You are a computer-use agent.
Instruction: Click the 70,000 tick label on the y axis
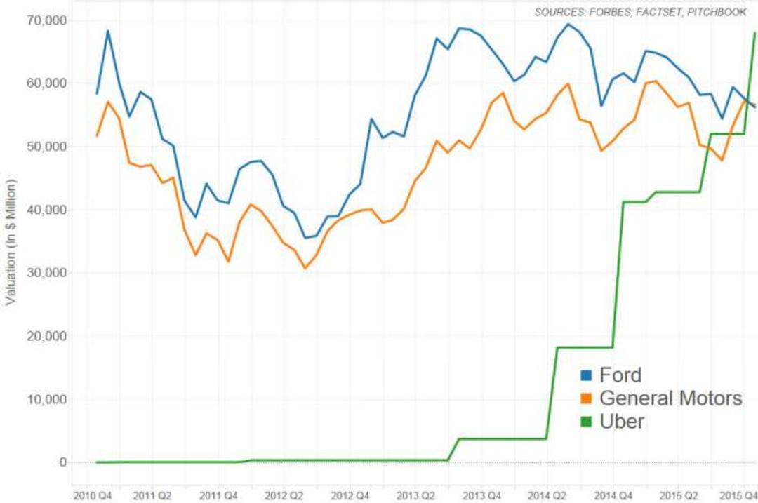coord(46,20)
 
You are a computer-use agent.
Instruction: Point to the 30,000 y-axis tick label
coord(46,272)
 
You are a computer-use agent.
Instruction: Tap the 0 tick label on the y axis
coord(63,462)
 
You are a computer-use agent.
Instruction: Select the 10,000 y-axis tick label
coord(46,399)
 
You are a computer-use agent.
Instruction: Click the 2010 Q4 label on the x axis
coord(93,496)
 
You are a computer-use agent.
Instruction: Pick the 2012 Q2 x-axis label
coord(284,496)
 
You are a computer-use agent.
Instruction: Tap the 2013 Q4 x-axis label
coord(481,496)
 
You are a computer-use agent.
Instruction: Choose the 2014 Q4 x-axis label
coord(613,496)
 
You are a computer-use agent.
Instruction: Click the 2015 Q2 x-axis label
coord(679,496)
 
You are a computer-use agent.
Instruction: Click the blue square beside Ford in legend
coord(586,375)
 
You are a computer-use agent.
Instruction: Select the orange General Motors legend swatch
coord(586,398)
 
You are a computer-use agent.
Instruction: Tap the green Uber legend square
coord(586,422)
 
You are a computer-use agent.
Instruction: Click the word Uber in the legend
coord(622,422)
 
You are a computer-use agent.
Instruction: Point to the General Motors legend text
coord(671,398)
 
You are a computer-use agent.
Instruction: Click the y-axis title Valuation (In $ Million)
coord(11,241)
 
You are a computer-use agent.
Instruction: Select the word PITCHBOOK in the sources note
coord(717,13)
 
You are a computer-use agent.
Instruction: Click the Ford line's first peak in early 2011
coord(108,31)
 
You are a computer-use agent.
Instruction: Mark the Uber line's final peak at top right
coord(754,33)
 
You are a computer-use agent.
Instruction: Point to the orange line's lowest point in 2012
coord(305,268)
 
